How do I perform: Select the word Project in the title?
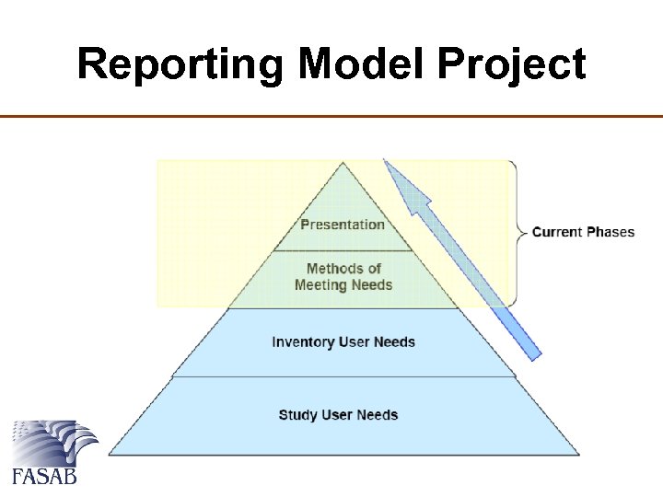tap(512, 64)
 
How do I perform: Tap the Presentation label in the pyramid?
tap(343, 224)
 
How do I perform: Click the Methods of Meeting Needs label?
tap(343, 276)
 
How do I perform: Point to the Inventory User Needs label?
tap(343, 341)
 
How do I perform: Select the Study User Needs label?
tap(338, 414)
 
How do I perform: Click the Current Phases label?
tap(583, 231)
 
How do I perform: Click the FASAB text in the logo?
tap(43, 476)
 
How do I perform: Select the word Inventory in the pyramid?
tap(303, 341)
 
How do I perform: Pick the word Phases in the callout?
tap(611, 231)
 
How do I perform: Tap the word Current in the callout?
tap(557, 231)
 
